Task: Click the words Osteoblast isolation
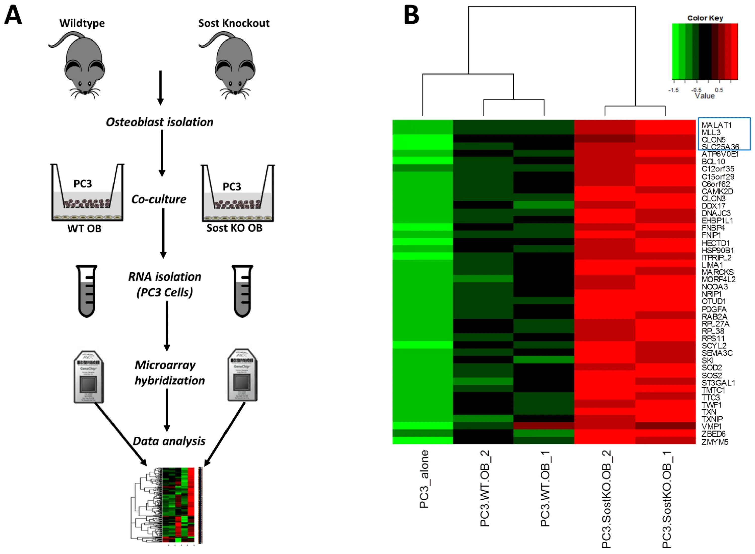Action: (160, 122)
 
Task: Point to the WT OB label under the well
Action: (84, 229)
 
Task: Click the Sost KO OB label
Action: (235, 228)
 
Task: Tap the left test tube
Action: (87, 291)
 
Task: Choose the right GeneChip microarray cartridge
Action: (242, 375)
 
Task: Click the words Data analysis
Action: (169, 441)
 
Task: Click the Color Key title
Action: (705, 18)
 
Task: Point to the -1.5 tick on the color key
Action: (673, 90)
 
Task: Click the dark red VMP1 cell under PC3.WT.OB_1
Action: (544, 425)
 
